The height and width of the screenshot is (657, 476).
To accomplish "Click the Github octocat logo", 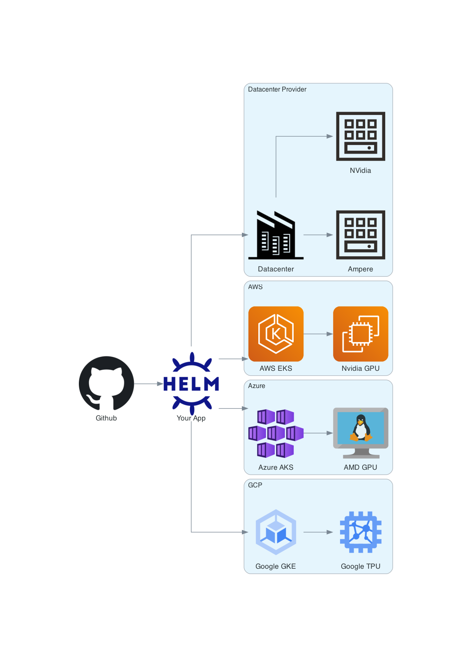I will [x=106, y=383].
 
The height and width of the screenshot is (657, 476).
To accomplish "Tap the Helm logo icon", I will [x=191, y=383].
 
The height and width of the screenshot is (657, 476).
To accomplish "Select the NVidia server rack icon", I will [x=360, y=136].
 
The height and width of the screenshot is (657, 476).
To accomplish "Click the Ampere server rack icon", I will [x=360, y=234].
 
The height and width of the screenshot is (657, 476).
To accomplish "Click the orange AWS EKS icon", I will [x=276, y=333].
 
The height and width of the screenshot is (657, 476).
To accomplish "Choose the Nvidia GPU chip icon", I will [x=360, y=333].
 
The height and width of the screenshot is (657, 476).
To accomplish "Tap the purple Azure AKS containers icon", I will [x=276, y=433].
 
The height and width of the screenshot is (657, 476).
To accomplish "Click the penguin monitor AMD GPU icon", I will [x=360, y=433].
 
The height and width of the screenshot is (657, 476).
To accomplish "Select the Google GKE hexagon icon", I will [x=276, y=532].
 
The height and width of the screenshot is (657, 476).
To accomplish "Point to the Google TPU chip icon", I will [x=360, y=532].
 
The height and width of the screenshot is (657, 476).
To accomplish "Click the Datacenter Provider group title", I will [x=277, y=90].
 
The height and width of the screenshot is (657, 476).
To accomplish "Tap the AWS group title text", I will [x=255, y=287].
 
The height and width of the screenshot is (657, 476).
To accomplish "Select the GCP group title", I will [x=255, y=485].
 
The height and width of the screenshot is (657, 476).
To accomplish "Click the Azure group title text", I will [x=256, y=386].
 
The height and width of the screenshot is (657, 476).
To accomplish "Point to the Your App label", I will [x=191, y=418].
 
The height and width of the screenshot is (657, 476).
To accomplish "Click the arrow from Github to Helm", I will [x=148, y=384].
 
